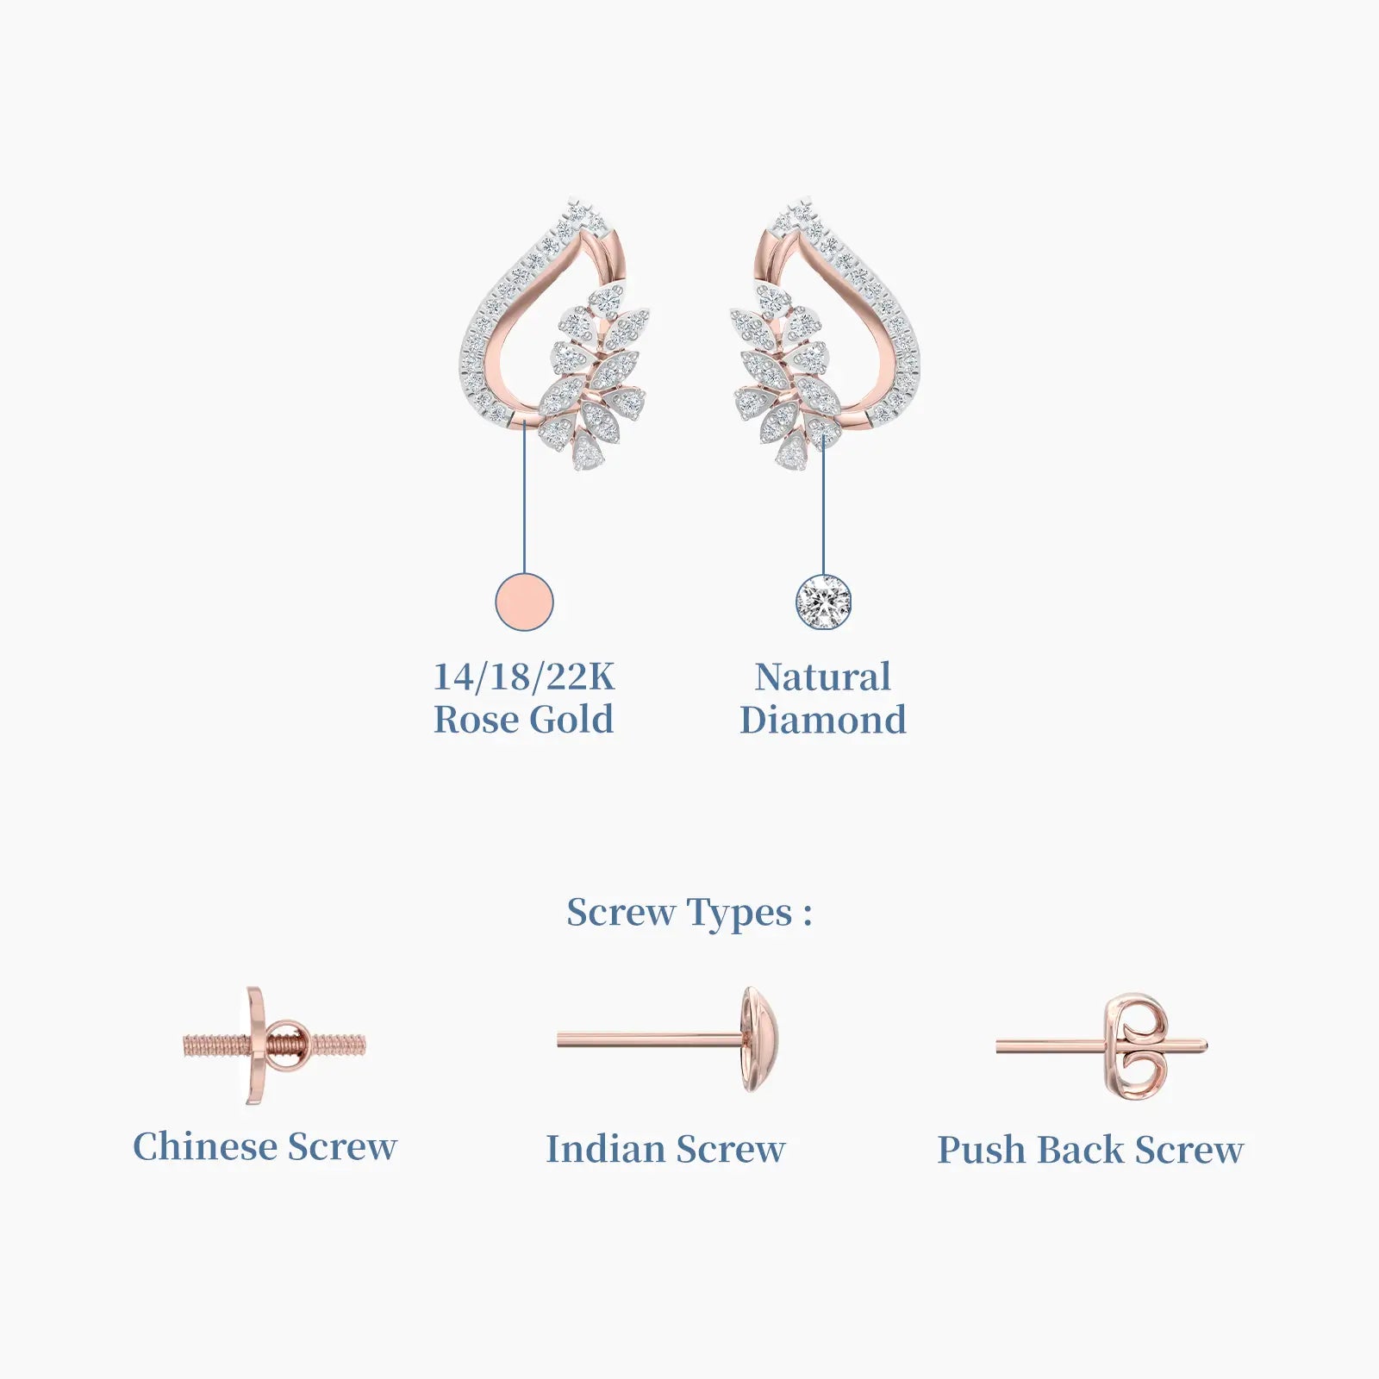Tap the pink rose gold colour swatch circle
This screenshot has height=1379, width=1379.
(x=524, y=602)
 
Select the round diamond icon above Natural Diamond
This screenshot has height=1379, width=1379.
(x=823, y=602)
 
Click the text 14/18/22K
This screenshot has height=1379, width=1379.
(x=524, y=677)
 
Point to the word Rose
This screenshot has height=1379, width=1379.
(x=476, y=720)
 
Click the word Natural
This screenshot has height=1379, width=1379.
(x=823, y=677)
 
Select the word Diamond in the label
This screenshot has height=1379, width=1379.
(x=823, y=720)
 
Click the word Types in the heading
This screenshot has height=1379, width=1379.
(x=739, y=914)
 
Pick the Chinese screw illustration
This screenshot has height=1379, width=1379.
(x=273, y=1046)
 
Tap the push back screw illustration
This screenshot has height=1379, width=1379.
(x=1101, y=1046)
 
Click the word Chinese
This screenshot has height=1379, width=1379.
(x=205, y=1146)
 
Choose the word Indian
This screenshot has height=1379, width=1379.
(x=605, y=1149)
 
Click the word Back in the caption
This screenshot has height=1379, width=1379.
(x=1081, y=1150)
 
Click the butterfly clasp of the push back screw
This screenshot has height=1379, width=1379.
(x=1138, y=1046)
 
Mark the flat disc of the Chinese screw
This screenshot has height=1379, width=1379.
(x=255, y=1046)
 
